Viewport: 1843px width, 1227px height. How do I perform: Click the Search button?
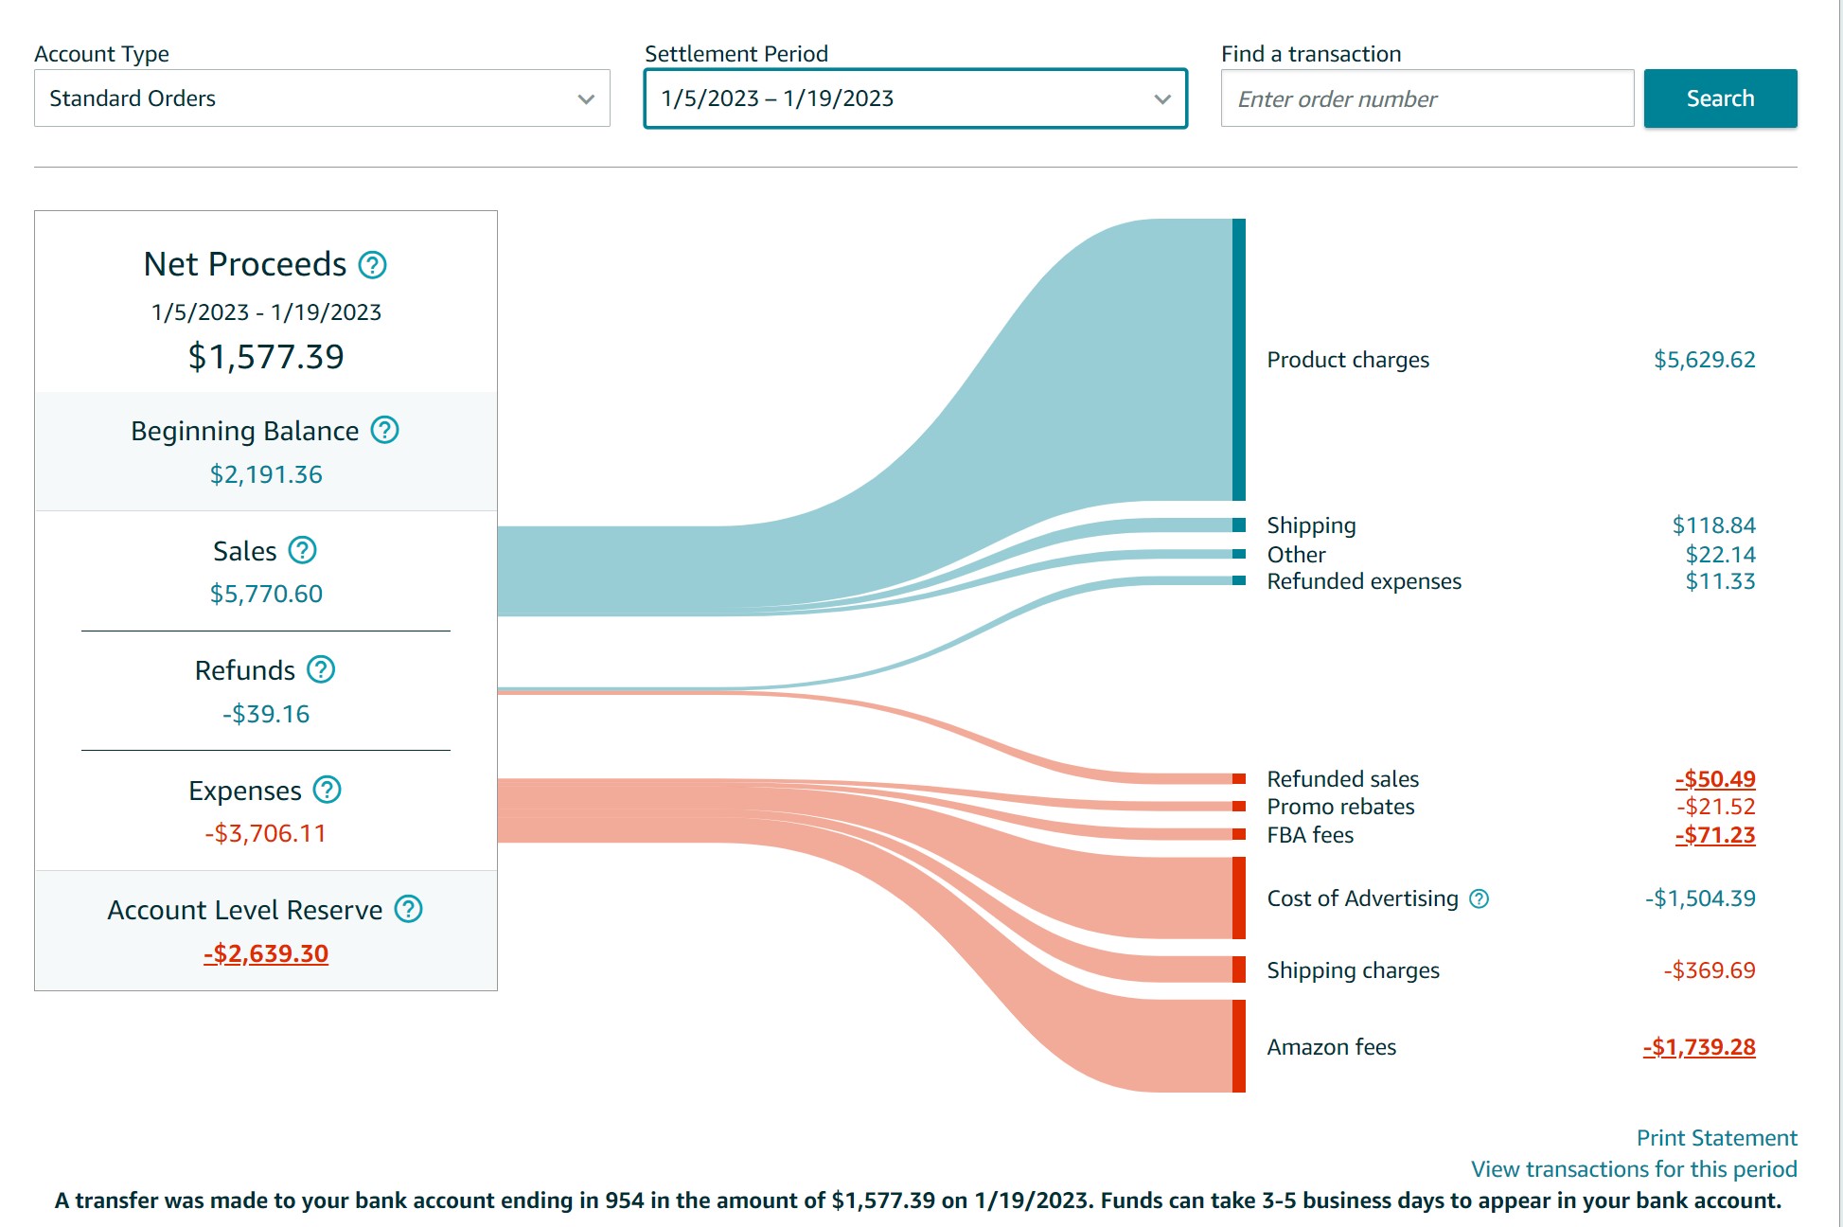(1720, 98)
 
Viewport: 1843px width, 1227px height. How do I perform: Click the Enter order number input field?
(1427, 98)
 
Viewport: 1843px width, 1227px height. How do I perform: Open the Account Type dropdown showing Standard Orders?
(322, 98)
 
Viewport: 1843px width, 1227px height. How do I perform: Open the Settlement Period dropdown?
(915, 98)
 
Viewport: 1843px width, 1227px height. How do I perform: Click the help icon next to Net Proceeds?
(373, 265)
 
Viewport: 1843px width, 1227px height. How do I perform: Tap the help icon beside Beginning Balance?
(384, 431)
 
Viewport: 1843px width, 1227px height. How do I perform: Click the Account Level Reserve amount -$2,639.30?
(266, 953)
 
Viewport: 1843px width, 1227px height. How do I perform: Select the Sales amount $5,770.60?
(266, 594)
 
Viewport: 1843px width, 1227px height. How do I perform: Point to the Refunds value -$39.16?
(266, 714)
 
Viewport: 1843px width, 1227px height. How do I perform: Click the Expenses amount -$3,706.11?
(266, 833)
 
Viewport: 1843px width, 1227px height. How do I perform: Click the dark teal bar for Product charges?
(1238, 360)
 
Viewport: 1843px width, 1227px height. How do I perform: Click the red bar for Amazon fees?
(1238, 1046)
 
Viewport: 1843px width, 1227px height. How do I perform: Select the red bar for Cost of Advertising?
(1238, 898)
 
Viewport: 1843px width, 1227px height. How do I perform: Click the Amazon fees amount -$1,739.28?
(1699, 1047)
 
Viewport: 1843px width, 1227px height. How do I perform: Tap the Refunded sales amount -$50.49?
(1715, 779)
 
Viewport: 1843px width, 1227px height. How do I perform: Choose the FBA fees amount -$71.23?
(1715, 835)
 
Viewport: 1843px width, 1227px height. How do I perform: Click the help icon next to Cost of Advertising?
(1479, 898)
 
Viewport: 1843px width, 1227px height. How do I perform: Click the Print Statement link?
(1716, 1138)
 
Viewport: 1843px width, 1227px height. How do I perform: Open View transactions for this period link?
(1634, 1169)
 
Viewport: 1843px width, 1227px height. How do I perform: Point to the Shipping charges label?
(1353, 970)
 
